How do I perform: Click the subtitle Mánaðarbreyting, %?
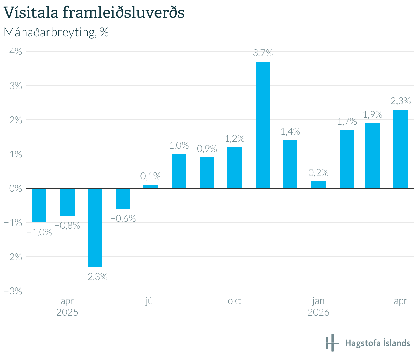[x=56, y=32]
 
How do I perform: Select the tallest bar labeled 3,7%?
[x=263, y=125]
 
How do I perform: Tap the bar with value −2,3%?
[x=95, y=228]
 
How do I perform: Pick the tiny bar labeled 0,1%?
[x=150, y=187]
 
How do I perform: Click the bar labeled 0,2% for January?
[x=318, y=185]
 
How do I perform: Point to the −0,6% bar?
[x=123, y=198]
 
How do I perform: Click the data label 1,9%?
[x=373, y=115]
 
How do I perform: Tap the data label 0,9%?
[x=207, y=149]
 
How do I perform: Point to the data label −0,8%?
[x=67, y=225]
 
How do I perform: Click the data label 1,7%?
[x=347, y=121]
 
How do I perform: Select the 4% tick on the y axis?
[x=15, y=52]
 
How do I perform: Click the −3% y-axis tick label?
[x=13, y=291]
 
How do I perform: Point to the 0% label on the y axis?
[x=15, y=189]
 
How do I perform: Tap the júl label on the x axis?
[x=150, y=301]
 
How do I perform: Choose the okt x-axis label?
[x=234, y=301]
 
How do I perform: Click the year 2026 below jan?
[x=318, y=312]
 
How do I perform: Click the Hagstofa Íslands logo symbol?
[x=332, y=343]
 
